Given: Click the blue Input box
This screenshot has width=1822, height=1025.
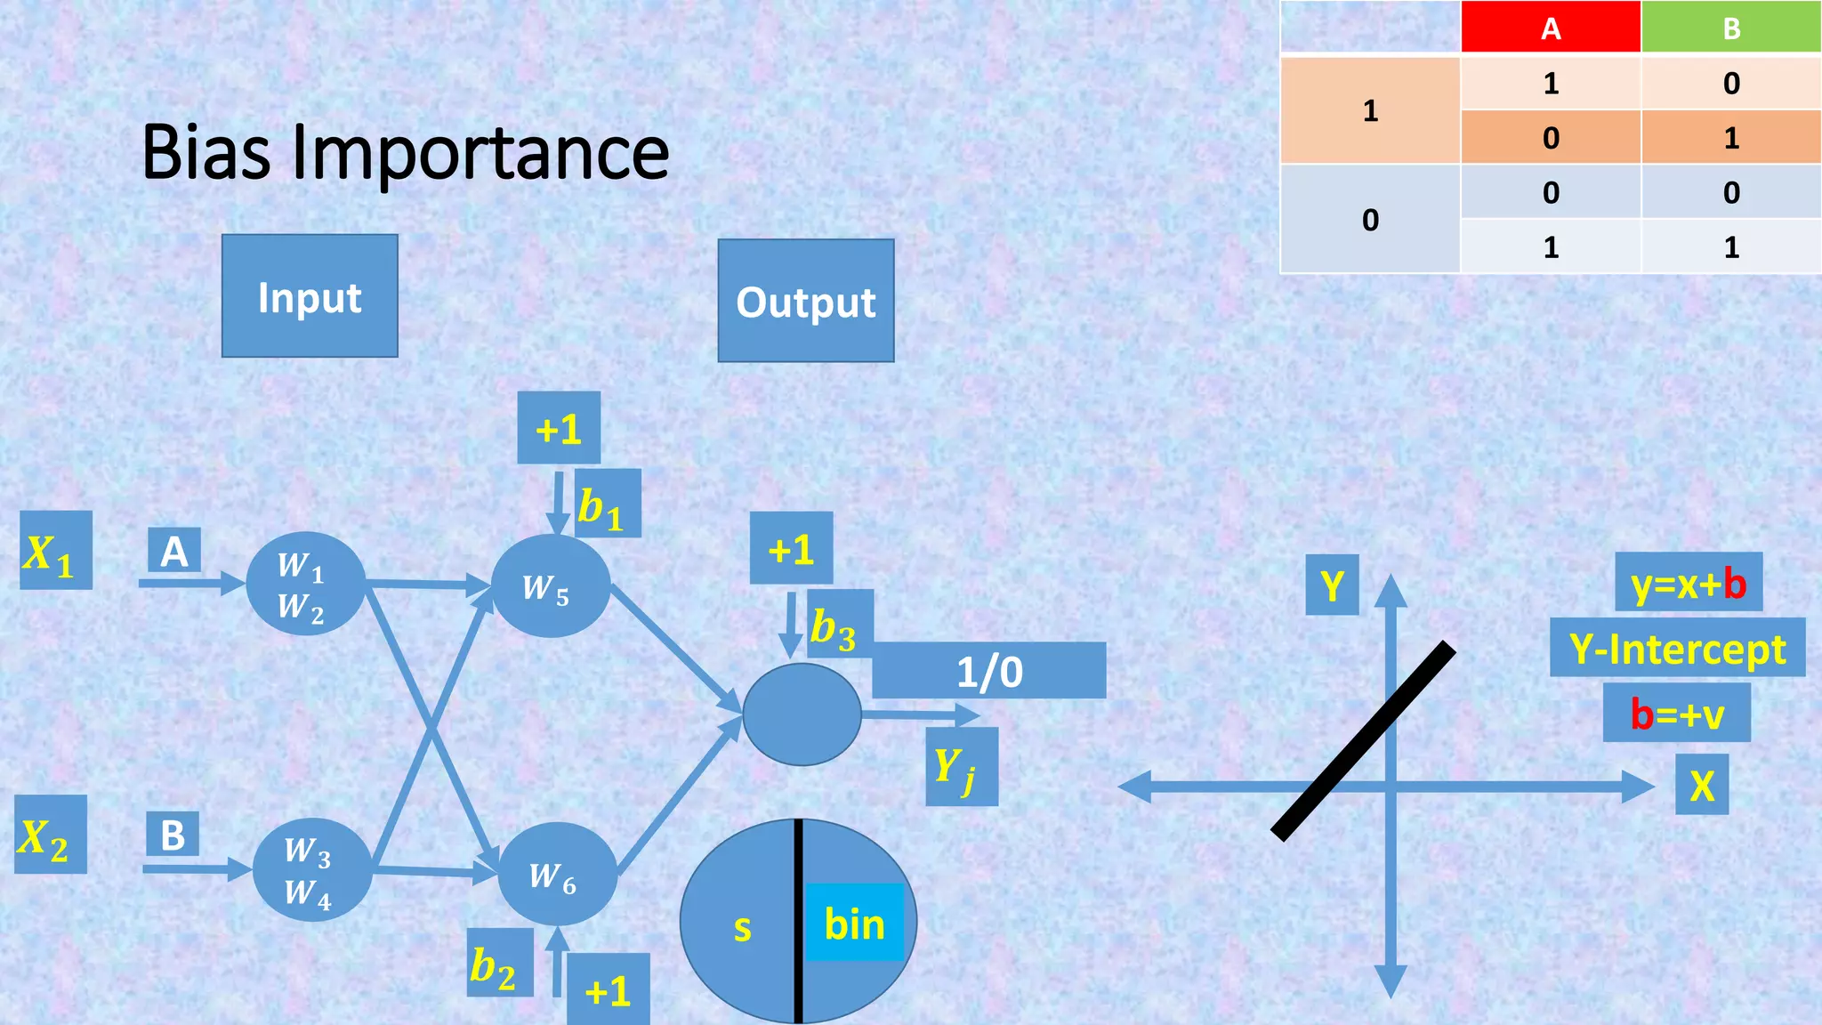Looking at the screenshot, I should [x=310, y=296].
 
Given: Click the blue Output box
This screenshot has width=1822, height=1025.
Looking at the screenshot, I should [x=806, y=301].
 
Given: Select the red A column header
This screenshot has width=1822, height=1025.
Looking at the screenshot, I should [x=1551, y=28].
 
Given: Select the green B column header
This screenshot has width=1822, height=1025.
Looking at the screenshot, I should [x=1731, y=28].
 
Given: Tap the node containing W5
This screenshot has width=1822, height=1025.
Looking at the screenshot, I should [x=550, y=586].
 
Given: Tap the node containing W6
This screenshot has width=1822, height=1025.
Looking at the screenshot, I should [x=557, y=875].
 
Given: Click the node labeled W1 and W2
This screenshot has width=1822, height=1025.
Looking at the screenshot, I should [x=305, y=584].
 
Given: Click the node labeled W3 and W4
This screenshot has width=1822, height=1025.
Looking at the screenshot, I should [x=311, y=869].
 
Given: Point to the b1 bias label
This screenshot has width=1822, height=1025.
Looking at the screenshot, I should [x=608, y=504].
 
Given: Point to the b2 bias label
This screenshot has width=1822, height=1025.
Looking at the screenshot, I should [x=500, y=964].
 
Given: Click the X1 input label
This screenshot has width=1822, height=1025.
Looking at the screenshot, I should [x=56, y=551].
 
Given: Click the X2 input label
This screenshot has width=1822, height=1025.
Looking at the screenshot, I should [x=51, y=835].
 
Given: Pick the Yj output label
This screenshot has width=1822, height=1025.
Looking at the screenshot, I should [x=961, y=767].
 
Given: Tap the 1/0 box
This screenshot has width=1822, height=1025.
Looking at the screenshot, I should [x=989, y=671].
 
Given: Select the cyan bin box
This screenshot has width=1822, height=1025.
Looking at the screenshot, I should [x=854, y=923].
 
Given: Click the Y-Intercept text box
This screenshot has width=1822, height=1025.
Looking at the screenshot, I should [x=1677, y=648].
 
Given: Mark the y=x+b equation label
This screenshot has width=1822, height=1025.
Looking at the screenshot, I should [x=1688, y=583].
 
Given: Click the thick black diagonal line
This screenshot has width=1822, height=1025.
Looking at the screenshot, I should [x=1364, y=740].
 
